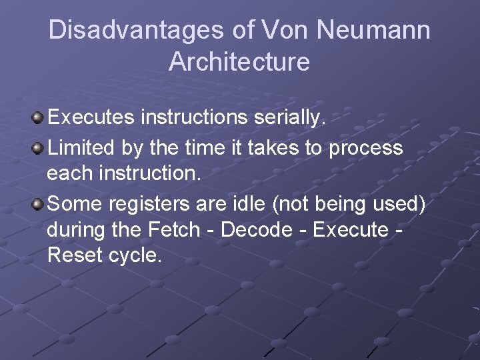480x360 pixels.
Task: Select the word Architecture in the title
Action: [239, 62]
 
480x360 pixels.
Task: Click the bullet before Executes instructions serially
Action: [38, 119]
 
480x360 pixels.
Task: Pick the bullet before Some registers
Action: [38, 203]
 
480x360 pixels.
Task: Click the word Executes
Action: [91, 118]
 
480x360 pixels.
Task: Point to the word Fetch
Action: [171, 229]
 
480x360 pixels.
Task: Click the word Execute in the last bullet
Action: [351, 229]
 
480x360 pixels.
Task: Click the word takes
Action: [273, 147]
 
